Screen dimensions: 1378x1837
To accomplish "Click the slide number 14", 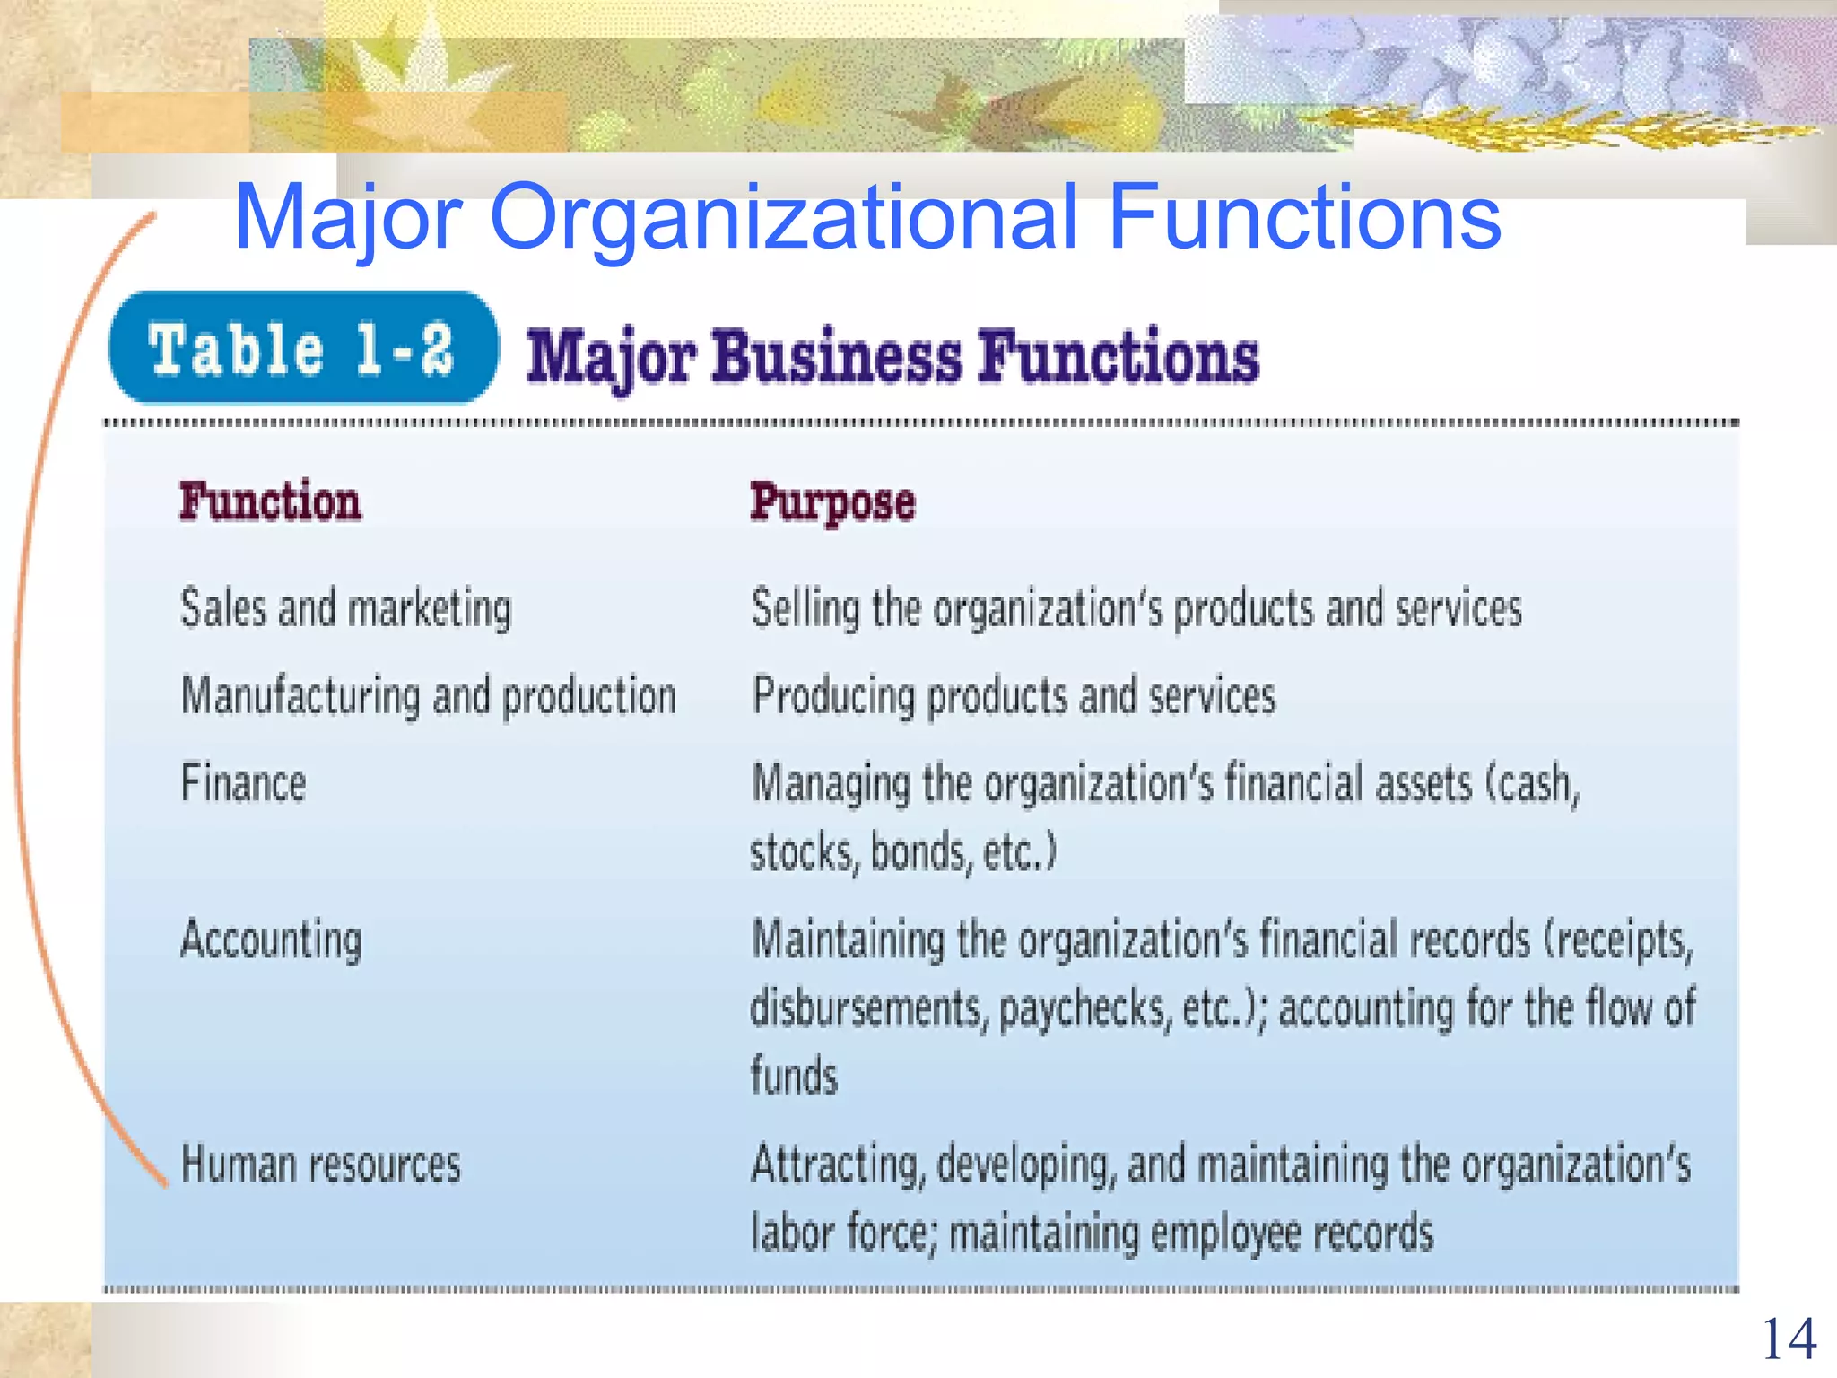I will pos(1789,1339).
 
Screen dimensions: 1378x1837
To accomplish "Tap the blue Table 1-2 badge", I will pos(302,348).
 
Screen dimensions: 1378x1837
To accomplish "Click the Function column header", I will pos(270,501).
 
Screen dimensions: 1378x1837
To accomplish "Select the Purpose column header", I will pos(832,502).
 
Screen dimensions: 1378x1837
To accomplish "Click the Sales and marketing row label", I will pos(345,608).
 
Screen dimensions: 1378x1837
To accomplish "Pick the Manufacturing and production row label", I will pos(428,695).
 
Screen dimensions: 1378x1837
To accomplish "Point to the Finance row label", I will pos(243,782).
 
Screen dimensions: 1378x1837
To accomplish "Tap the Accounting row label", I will pos(271,940).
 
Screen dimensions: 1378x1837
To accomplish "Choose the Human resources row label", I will pos(320,1164).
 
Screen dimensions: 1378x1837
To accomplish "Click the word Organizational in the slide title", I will pos(782,217).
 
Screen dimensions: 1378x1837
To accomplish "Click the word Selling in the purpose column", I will pos(805,609).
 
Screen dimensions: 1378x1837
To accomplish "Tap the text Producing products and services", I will pos(1013,696).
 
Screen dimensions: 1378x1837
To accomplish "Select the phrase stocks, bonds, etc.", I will pos(903,852).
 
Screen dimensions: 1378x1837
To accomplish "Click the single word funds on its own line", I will pos(794,1076).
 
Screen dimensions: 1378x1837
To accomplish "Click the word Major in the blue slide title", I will pos(347,217).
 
